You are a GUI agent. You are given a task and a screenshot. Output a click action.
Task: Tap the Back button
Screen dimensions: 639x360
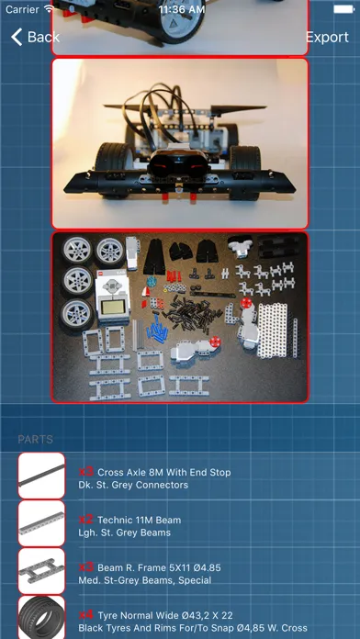[34, 37]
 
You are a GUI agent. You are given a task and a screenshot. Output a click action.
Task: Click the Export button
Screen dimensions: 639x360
[326, 37]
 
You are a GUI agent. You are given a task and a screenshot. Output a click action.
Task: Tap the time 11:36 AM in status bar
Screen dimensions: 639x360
[180, 8]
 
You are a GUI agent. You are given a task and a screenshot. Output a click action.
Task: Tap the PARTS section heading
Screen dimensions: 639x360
[35, 440]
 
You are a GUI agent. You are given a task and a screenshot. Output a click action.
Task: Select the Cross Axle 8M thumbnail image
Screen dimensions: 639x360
[41, 476]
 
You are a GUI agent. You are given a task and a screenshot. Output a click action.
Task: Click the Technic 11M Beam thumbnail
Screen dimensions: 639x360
[41, 523]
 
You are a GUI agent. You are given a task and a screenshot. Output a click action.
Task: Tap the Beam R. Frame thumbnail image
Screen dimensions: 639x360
[41, 571]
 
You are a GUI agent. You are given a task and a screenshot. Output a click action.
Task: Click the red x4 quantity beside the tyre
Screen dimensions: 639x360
[86, 614]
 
